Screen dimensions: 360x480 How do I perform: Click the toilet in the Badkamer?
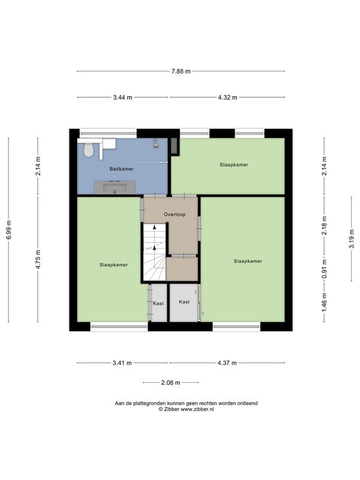click(x=88, y=149)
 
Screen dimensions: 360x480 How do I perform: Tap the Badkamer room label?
click(x=122, y=169)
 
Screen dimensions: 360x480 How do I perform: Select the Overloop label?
click(x=175, y=214)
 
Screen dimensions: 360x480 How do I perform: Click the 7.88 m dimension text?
click(x=181, y=71)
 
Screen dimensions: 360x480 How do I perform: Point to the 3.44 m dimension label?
click(x=122, y=97)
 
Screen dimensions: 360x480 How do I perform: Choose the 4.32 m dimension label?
click(x=227, y=97)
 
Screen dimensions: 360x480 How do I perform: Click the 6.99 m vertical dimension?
click(x=9, y=230)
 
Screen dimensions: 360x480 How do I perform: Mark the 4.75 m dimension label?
click(x=38, y=260)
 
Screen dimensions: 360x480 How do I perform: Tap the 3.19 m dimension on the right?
click(x=352, y=239)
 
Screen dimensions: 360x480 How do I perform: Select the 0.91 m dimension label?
click(x=325, y=269)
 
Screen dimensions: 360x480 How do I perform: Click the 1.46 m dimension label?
click(x=325, y=302)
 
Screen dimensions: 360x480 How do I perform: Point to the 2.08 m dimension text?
click(x=171, y=383)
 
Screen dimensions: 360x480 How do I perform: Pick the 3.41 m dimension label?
click(x=122, y=363)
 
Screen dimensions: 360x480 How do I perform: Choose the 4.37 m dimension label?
click(x=227, y=363)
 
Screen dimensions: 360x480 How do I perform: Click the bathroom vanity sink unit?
click(x=115, y=188)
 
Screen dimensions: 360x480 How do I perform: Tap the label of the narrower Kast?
click(x=158, y=304)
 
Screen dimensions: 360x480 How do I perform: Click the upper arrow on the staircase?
click(x=155, y=227)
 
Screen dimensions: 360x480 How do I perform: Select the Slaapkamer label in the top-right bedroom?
click(x=234, y=164)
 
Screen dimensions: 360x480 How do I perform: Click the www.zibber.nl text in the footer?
click(x=197, y=409)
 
